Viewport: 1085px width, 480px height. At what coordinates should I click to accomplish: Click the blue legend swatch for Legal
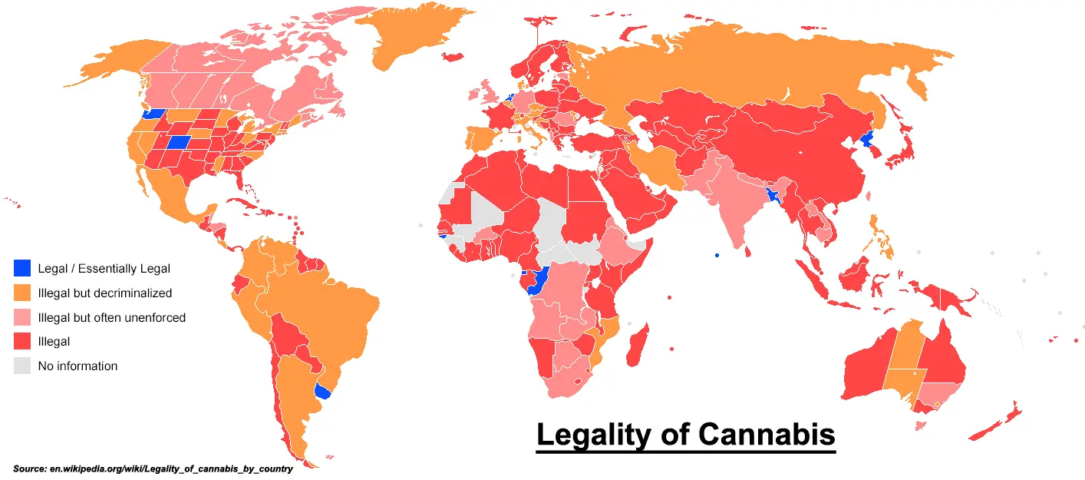pos(23,268)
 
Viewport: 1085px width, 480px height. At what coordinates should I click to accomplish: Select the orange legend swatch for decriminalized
pos(23,293)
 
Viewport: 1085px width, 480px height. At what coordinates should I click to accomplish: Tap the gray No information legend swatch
pos(23,366)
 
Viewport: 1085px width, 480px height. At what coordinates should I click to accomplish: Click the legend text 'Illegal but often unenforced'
pos(111,317)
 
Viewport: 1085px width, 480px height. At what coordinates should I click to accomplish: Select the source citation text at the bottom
pos(153,468)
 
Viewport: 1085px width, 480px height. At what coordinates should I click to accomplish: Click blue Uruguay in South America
pos(324,392)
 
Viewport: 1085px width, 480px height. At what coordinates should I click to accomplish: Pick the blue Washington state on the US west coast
pos(153,114)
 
